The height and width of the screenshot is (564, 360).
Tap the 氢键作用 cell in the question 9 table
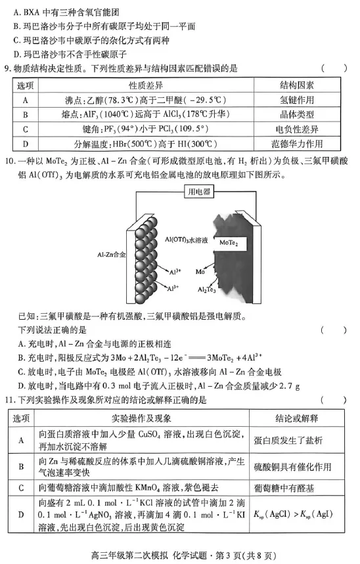[296, 100]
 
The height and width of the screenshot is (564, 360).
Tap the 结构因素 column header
[296, 86]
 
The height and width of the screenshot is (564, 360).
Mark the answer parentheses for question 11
[334, 400]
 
